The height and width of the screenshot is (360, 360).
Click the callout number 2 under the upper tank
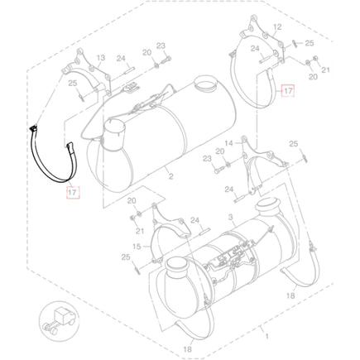click(x=171, y=176)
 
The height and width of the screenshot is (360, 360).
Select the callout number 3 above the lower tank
click(x=231, y=218)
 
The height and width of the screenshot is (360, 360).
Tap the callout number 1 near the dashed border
click(x=266, y=337)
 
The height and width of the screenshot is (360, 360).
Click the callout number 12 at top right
click(x=277, y=27)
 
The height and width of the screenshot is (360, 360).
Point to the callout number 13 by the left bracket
click(x=101, y=58)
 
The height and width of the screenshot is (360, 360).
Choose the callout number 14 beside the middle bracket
click(x=228, y=143)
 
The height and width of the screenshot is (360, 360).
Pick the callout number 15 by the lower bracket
click(x=137, y=247)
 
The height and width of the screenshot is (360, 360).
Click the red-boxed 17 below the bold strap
click(x=72, y=192)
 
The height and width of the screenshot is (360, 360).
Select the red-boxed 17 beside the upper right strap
click(x=288, y=91)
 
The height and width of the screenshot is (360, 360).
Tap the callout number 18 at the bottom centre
click(x=187, y=349)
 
